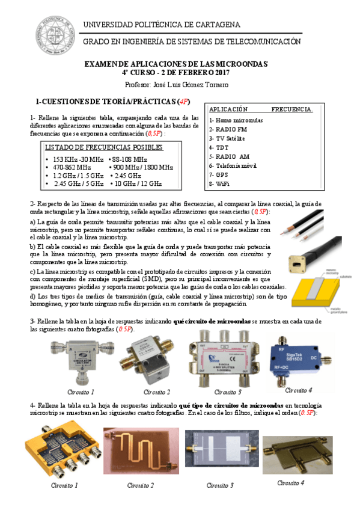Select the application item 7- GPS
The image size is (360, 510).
point(220,174)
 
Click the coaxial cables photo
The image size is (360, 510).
point(307,226)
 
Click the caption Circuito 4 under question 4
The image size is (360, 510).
point(290,482)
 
